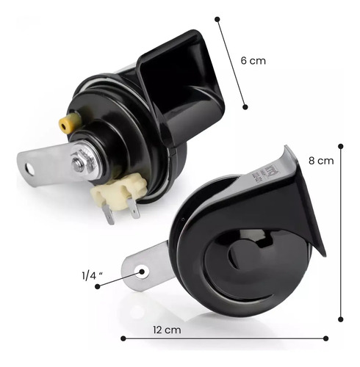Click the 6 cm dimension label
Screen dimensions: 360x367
point(253,61)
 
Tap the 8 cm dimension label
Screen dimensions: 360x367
point(321,161)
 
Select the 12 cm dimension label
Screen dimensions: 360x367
point(167,330)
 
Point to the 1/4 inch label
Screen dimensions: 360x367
point(92,276)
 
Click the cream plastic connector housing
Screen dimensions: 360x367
point(118,191)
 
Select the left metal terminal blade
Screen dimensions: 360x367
point(108,215)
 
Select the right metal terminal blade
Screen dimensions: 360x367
point(134,208)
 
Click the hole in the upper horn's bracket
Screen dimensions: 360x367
point(30,169)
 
